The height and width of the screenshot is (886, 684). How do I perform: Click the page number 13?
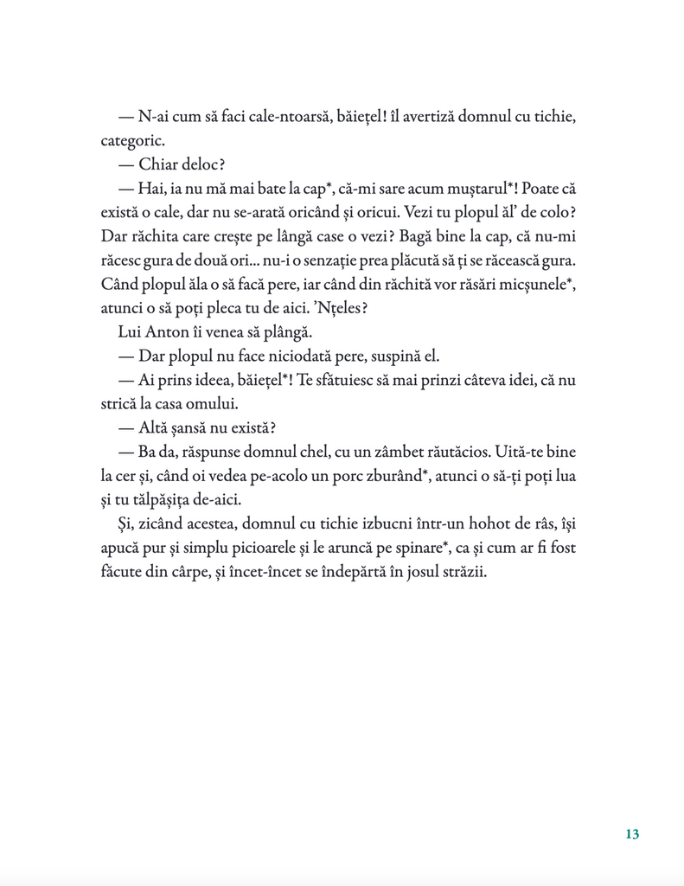pos(631,834)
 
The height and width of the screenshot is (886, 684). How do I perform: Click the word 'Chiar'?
pos(163,164)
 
